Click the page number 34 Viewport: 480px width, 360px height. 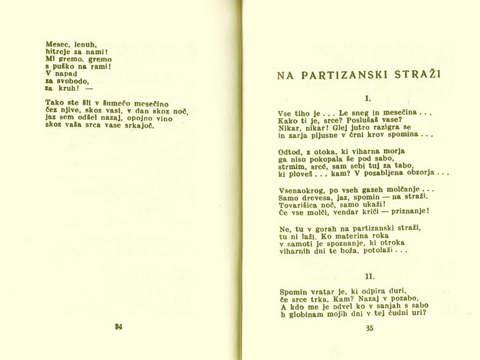[x=118, y=327]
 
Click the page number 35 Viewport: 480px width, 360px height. [x=369, y=328]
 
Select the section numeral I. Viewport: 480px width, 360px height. [x=368, y=97]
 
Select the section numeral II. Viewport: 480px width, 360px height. [x=370, y=277]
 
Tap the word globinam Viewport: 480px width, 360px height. [x=306, y=313]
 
